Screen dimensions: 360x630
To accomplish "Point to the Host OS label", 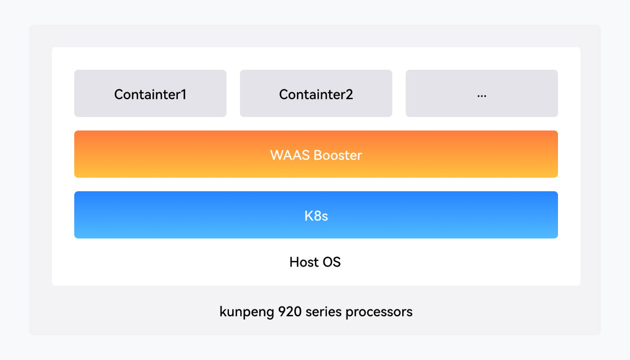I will [315, 262].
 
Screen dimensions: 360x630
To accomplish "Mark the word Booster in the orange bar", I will [337, 155].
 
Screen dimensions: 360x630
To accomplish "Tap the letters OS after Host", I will [331, 262].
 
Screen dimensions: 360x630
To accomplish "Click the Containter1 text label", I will [150, 94].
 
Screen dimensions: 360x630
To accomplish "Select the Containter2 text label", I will [316, 94].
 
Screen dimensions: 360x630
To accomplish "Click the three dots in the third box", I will [481, 96].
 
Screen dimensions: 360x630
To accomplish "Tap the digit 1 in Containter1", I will [183, 94].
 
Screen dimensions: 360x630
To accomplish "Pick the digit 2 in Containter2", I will [349, 94].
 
